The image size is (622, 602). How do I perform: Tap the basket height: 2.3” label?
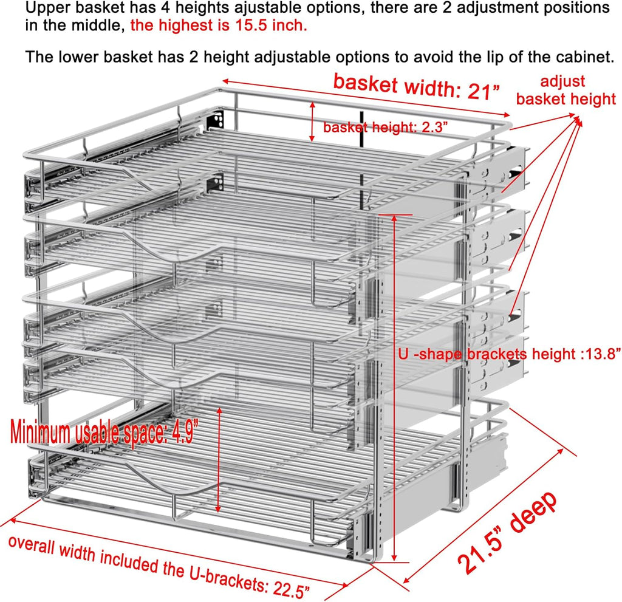coord(385,128)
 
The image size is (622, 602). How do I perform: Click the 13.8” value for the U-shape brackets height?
coord(601,354)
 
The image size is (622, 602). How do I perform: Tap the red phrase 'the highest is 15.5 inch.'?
coord(219,26)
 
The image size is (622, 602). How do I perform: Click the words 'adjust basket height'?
coord(566,90)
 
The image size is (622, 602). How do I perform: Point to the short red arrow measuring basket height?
coord(312,121)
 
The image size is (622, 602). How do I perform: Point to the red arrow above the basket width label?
coord(364,98)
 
